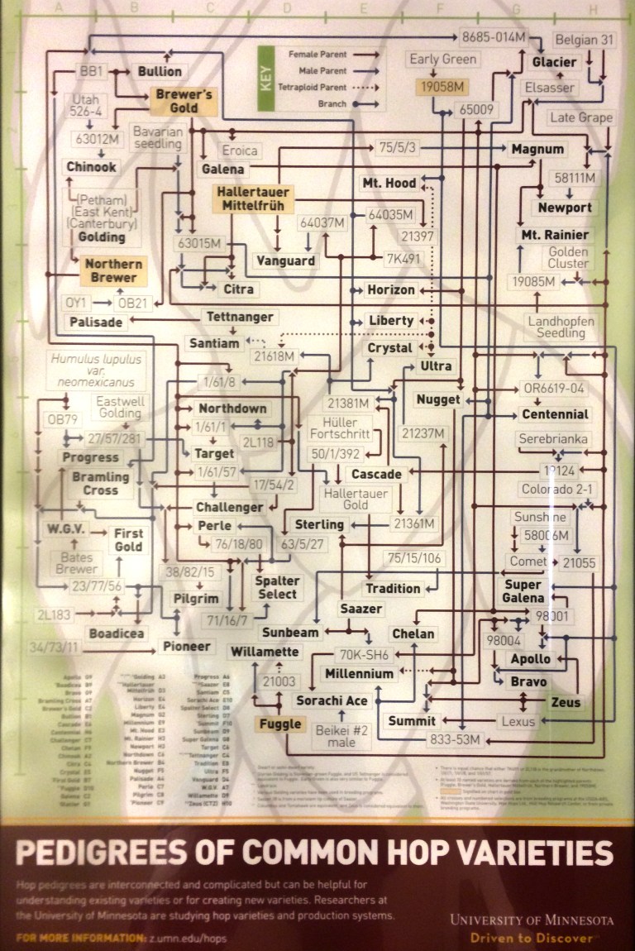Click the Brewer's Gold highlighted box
tap(184, 101)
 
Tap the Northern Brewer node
tap(113, 271)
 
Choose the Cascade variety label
tap(376, 475)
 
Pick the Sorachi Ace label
tap(333, 701)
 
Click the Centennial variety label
tap(556, 414)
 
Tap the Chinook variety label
tap(93, 166)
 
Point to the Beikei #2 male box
tap(341, 734)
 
